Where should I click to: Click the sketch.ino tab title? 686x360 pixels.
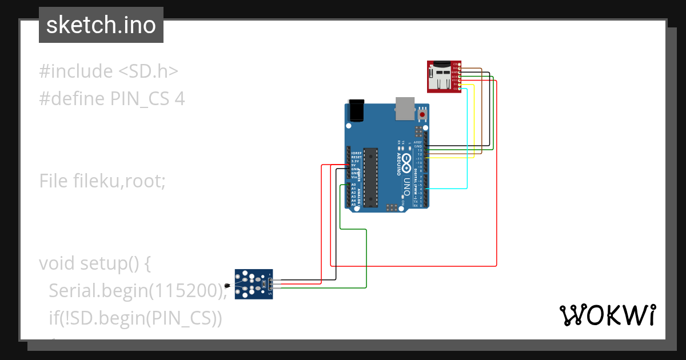point(101,25)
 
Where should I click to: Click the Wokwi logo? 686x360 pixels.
point(607,315)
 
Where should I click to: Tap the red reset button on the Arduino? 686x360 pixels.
point(422,114)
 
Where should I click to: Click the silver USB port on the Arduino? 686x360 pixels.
point(404,108)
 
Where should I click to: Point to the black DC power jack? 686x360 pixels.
point(356,110)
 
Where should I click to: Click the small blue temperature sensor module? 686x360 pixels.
point(254,283)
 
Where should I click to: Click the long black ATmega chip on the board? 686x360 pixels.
point(370,177)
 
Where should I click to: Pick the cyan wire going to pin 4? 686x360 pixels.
point(468,137)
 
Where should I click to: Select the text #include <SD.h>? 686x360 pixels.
point(109,71)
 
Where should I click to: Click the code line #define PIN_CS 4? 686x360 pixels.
point(111,99)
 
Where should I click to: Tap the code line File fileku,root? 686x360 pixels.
point(102,181)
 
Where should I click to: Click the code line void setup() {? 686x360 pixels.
point(94,263)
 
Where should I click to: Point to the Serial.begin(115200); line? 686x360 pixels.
point(138,291)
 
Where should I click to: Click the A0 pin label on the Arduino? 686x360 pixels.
point(353,185)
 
